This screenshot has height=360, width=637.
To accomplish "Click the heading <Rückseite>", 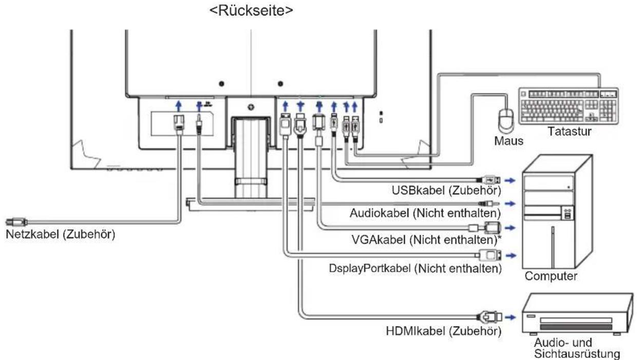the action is pyautogui.click(x=251, y=11).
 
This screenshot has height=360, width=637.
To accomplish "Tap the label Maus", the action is pyautogui.click(x=509, y=141).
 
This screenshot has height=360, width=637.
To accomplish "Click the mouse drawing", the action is pyautogui.click(x=506, y=121).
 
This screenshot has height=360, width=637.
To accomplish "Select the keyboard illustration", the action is pyautogui.click(x=569, y=106).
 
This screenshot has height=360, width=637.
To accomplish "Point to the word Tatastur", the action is pyautogui.click(x=569, y=131).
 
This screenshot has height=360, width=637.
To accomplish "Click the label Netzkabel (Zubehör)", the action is pyautogui.click(x=60, y=235).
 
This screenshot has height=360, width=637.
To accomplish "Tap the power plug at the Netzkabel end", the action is pyautogui.click(x=16, y=221).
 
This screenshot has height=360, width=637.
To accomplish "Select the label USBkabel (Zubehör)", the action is pyautogui.click(x=446, y=191).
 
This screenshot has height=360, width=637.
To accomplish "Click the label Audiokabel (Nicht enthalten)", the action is pyautogui.click(x=425, y=213).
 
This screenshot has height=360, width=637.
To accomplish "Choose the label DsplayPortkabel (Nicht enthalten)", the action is pyautogui.click(x=415, y=269).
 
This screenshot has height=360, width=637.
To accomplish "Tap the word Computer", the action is pyautogui.click(x=551, y=276).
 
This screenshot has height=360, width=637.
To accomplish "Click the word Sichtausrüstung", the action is pyautogui.click(x=577, y=354).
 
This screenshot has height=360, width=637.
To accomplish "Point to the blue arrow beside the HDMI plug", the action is pyautogui.click(x=511, y=317).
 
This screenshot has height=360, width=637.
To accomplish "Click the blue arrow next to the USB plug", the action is pyautogui.click(x=510, y=180).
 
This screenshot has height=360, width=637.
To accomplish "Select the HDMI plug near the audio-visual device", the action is pyautogui.click(x=489, y=317).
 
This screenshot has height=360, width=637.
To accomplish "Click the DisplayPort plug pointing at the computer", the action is pyautogui.click(x=489, y=255).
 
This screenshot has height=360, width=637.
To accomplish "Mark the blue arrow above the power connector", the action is pyautogui.click(x=179, y=106).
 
